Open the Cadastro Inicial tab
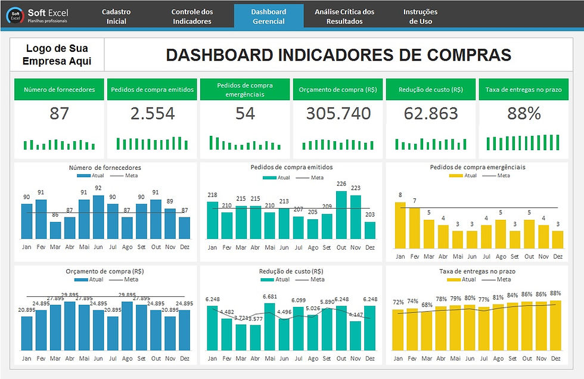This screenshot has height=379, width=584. tap(116, 16)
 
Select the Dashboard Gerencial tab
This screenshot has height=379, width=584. tap(268, 16)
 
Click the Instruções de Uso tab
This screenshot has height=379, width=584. tap(420, 16)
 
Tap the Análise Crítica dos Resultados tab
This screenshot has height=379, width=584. tap(344, 16)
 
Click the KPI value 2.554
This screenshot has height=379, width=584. tap(153, 113)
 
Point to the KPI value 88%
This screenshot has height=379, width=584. tap(524, 113)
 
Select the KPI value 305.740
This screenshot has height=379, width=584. tap(338, 113)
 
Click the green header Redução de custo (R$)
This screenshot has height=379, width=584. tap(431, 90)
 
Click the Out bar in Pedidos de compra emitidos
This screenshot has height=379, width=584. tap(341, 215)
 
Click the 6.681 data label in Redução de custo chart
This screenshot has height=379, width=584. tap(269, 296)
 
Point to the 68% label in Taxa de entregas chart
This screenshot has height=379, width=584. tap(427, 305)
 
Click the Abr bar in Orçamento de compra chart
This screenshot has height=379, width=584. tap(69, 326)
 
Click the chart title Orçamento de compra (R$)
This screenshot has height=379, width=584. tap(105, 271)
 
